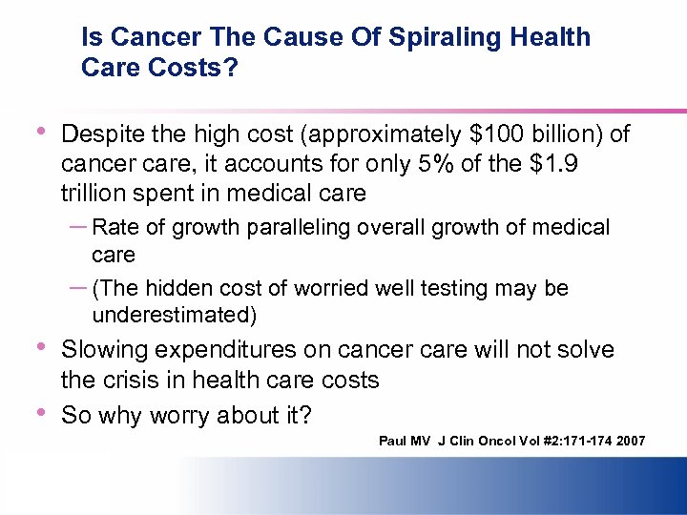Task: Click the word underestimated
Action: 175,314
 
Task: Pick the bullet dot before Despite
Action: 40,132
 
